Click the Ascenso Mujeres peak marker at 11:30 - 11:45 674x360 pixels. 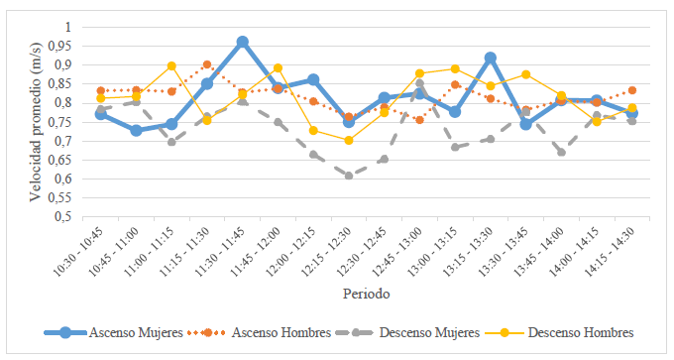click(242, 42)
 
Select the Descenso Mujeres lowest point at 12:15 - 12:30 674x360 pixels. click(348, 176)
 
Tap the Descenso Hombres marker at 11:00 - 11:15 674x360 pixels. click(171, 65)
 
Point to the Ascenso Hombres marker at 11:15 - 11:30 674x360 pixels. click(206, 64)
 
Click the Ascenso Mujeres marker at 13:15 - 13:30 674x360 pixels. click(490, 58)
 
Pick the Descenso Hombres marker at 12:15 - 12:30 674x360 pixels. click(348, 140)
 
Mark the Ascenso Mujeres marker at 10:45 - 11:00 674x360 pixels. click(136, 130)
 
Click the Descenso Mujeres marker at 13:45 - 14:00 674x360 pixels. click(561, 152)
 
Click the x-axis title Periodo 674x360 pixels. click(366, 295)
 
